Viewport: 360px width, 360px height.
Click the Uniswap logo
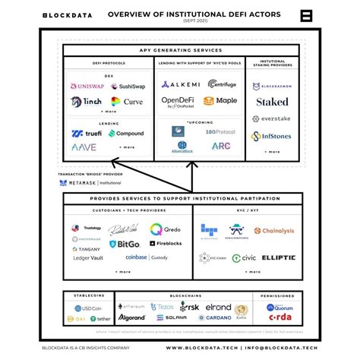pyautogui.click(x=87, y=87)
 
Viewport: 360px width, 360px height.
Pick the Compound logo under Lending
pyautogui.click(x=126, y=133)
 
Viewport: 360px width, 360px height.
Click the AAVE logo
pyautogui.click(x=84, y=147)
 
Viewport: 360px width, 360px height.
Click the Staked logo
pyautogui.click(x=272, y=101)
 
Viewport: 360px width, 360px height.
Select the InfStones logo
pyautogui.click(x=272, y=137)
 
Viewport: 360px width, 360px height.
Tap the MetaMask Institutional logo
pyautogui.click(x=90, y=182)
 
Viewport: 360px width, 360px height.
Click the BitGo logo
pyautogui.click(x=124, y=244)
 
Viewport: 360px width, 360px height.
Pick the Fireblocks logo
pyautogui.click(x=165, y=244)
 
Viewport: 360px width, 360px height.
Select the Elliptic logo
pyautogui.click(x=278, y=257)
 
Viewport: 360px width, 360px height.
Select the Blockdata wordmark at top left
pyautogui.click(x=68, y=14)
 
